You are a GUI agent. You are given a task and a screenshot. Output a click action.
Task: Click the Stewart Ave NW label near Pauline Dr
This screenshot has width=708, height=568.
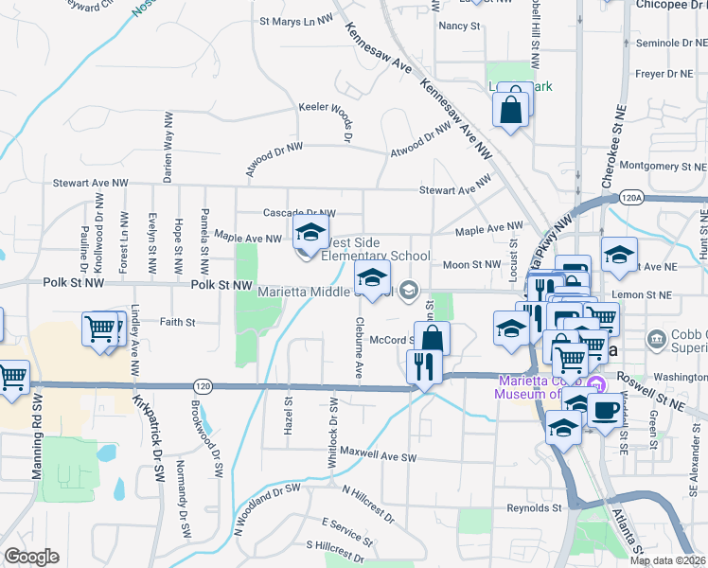point(90,183)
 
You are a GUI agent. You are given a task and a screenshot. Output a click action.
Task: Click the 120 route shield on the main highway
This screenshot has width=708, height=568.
point(202,386)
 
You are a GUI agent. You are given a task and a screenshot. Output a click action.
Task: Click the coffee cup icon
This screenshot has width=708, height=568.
point(605,409)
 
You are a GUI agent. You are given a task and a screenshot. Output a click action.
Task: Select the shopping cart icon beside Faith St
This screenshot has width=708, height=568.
point(102,330)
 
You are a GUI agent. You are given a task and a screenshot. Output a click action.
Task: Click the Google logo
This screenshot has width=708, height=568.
point(30,556)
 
